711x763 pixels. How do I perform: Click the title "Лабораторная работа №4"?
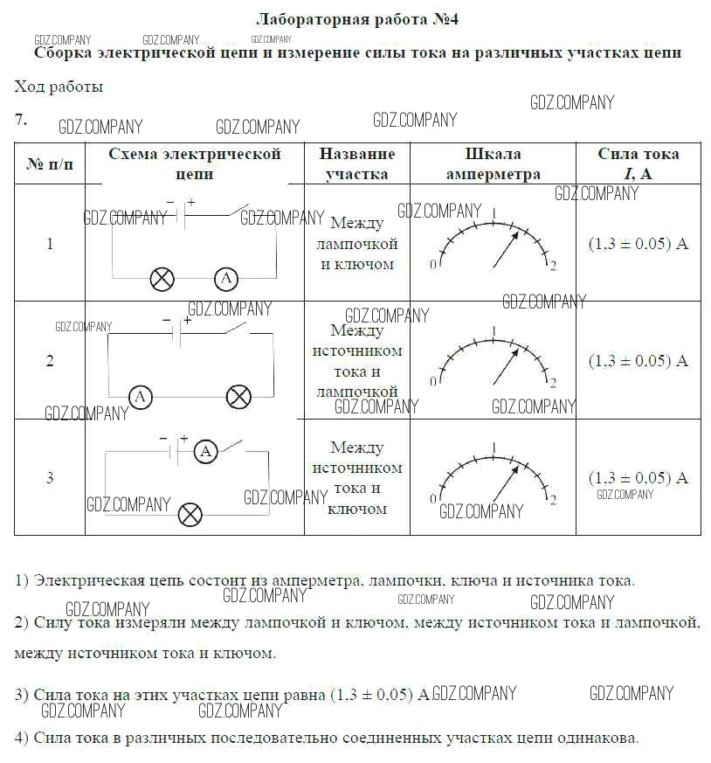(357, 18)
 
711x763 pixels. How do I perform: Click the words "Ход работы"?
(59, 87)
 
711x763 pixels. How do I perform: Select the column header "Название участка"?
(356, 163)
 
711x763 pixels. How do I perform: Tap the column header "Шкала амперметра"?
(493, 163)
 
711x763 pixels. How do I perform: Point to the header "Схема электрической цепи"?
(195, 163)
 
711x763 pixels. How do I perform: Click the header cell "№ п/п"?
(50, 164)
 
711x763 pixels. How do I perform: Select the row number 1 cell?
(50, 244)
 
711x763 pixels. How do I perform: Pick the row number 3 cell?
(50, 477)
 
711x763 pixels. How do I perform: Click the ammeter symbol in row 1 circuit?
(226, 279)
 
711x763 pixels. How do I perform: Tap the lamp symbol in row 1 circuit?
(162, 279)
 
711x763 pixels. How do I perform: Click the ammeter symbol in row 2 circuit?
(140, 397)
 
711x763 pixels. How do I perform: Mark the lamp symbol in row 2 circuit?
(238, 397)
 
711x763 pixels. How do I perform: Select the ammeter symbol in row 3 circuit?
(205, 451)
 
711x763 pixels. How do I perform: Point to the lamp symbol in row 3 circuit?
(190, 514)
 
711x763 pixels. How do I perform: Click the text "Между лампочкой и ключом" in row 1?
(356, 244)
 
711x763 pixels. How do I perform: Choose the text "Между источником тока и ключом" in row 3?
(356, 477)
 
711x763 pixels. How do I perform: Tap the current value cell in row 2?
(638, 360)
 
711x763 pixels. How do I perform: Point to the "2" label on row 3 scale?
(553, 500)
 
